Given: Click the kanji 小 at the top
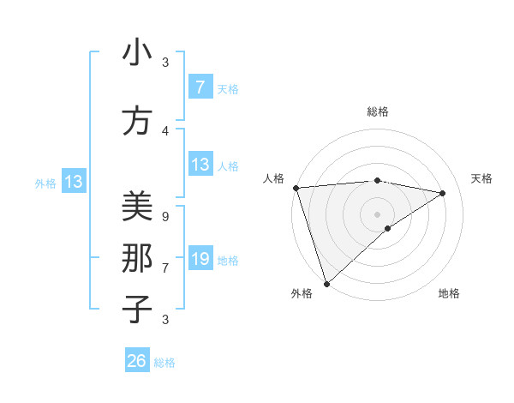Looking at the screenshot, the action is coord(137,54).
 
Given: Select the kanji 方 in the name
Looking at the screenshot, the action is coord(137,122).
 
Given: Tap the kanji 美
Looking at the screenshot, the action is coord(137,207).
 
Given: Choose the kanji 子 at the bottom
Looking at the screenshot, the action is coord(137,309).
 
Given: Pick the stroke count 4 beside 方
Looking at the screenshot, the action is coord(164,131).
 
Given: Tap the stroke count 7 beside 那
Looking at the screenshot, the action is coord(164,268).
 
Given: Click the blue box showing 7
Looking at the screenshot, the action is coord(200,87).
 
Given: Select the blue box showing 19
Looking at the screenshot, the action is coord(200,258).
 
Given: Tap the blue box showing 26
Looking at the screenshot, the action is coord(137,361).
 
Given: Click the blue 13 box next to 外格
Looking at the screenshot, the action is coord(73,182).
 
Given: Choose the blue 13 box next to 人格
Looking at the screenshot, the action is coord(200,165).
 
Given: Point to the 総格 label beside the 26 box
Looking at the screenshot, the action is coord(164,363).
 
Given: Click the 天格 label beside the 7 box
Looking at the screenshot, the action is coord(228,88).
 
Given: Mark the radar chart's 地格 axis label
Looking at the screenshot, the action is coord(449,294).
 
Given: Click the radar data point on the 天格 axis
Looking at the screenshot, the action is coord(443,193).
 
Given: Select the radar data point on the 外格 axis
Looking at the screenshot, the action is coord(326,283).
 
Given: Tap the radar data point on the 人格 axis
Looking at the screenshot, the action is coord(296,188).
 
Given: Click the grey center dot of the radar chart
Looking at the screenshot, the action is coord(377,214).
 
